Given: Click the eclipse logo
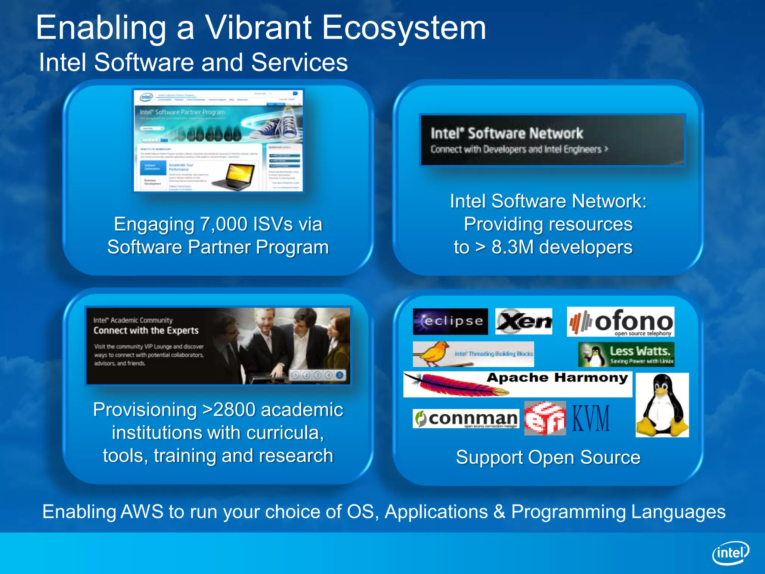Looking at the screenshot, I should coord(450,321).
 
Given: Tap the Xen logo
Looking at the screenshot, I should coord(523,321).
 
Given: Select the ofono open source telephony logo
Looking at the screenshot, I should coord(620,322).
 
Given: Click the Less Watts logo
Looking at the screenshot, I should coord(626,355).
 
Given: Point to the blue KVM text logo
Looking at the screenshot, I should coord(591,419).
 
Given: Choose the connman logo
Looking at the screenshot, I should coord(466,419).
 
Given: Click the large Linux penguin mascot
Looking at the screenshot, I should coord(662,405).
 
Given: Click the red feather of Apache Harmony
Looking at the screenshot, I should coord(459,385).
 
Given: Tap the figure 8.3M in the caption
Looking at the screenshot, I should coord(512,247).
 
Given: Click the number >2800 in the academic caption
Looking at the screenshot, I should coord(228,410).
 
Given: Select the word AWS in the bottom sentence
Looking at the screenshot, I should coord(142,512).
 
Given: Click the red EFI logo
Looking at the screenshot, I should coord(545,419).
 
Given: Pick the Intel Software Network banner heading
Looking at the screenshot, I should coord(507,133).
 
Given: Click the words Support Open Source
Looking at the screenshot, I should coord(548,457).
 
